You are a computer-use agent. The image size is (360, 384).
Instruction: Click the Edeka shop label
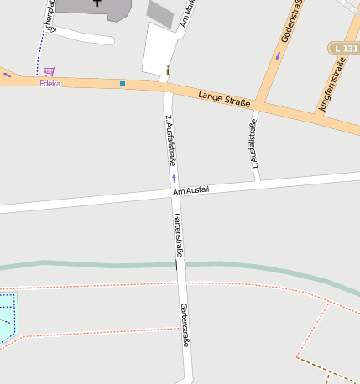click(x=50, y=83)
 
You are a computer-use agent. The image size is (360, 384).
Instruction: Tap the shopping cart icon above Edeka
click(x=50, y=71)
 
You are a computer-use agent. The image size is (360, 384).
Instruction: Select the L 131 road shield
click(x=343, y=49)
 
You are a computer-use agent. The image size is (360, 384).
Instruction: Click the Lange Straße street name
click(x=224, y=101)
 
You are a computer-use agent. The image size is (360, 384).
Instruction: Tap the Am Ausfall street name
click(x=190, y=190)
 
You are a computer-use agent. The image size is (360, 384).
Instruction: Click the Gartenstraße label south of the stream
click(x=185, y=324)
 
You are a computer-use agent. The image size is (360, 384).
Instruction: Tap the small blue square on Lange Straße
click(x=123, y=84)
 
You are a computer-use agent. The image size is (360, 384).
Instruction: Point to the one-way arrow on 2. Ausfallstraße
click(x=174, y=178)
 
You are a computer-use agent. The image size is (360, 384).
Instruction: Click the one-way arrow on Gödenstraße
click(x=277, y=56)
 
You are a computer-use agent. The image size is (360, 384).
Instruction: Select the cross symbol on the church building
click(x=97, y=3)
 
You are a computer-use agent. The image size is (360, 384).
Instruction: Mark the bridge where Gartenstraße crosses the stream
click(x=180, y=264)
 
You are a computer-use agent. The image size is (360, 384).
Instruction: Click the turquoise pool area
click(x=7, y=317)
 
